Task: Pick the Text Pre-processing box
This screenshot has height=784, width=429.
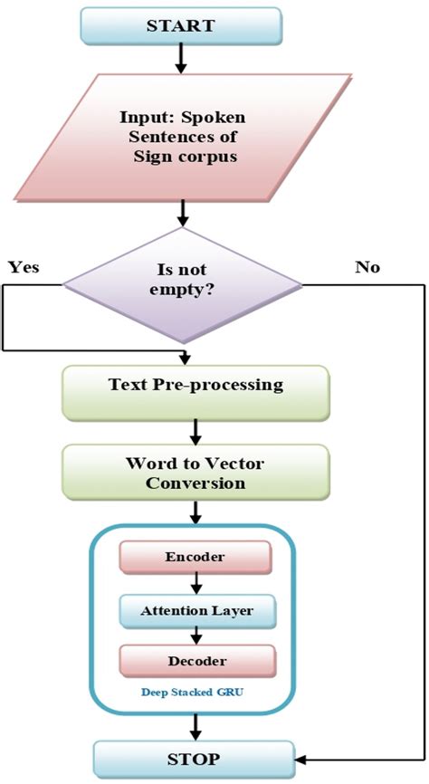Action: [195, 385]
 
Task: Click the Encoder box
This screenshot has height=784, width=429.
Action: [195, 558]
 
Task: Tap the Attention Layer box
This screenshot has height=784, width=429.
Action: [195, 610]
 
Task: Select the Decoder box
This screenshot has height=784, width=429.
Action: [195, 662]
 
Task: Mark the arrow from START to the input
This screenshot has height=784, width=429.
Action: [182, 58]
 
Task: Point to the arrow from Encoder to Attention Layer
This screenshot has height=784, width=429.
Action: [195, 584]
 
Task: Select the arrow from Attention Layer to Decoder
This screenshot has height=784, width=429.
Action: [195, 636]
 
